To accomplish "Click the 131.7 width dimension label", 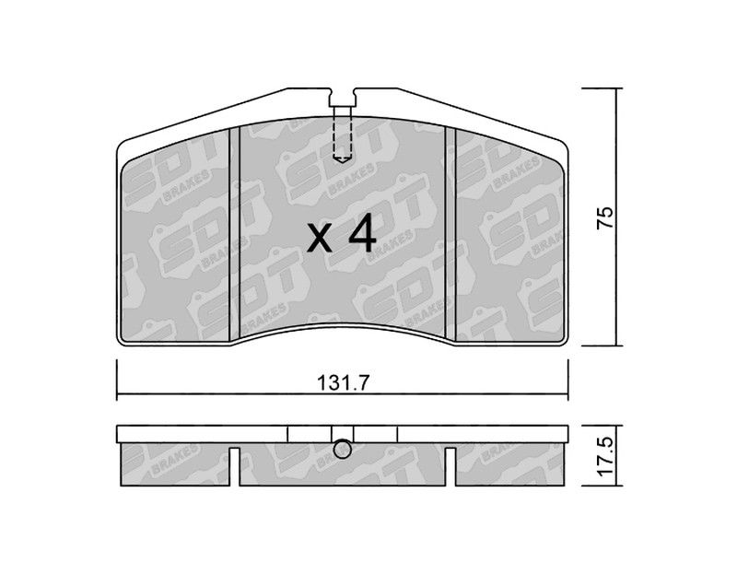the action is point(344,383).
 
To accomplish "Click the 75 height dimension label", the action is point(605,217).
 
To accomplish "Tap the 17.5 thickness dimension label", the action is point(605,455).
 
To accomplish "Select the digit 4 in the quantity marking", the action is point(363,234).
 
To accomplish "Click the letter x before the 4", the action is point(320,239).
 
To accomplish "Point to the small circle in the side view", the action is point(342,450).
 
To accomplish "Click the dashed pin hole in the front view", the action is point(342,134).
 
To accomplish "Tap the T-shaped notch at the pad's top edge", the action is point(342,97).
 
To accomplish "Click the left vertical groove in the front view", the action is point(234,234).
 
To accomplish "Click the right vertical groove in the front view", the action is point(450,234).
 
